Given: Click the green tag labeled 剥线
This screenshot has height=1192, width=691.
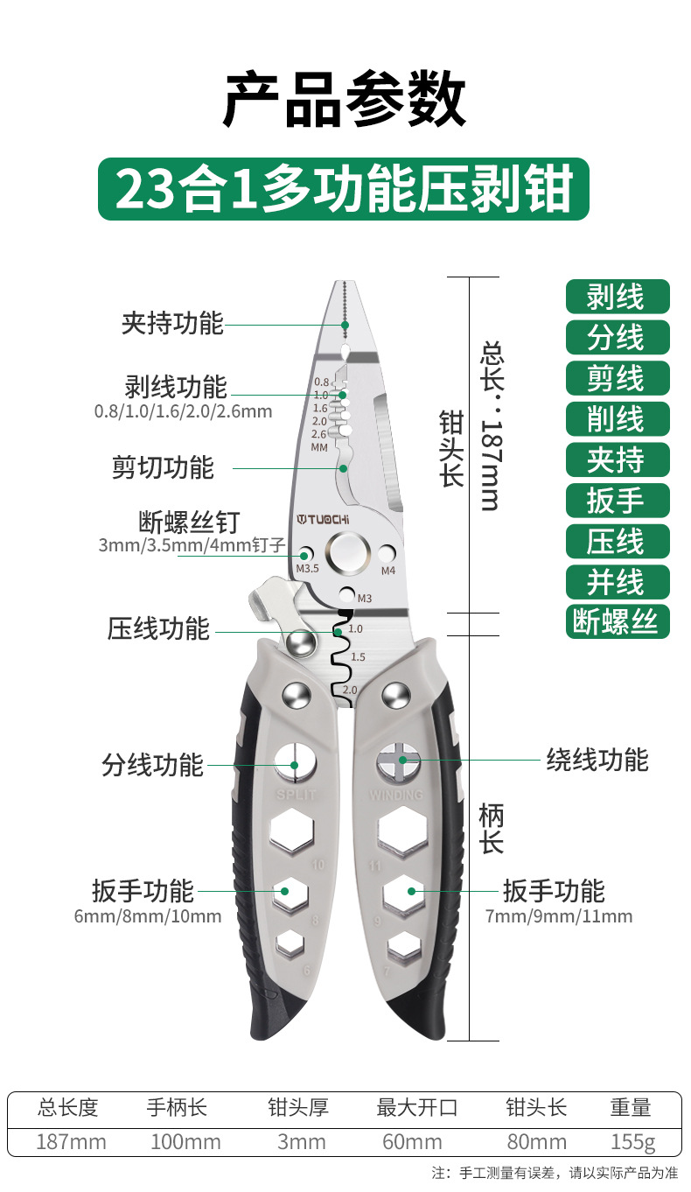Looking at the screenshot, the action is [x=617, y=297].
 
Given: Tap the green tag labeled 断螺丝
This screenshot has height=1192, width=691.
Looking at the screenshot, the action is [x=617, y=621].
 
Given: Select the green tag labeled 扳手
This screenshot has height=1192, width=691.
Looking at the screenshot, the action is [x=617, y=500].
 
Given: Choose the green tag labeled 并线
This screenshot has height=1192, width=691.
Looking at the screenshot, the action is [x=617, y=581].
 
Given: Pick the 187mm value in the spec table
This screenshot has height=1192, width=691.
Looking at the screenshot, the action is [x=71, y=1141].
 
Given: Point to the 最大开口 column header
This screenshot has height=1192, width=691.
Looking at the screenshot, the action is [x=416, y=1107].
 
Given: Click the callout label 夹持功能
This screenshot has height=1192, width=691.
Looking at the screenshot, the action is [x=172, y=323].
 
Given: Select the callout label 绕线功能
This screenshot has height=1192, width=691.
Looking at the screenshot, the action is [x=597, y=759].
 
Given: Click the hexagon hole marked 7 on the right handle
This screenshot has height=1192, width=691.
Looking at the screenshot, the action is [x=403, y=945].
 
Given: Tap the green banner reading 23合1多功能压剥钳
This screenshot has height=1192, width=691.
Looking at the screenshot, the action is [x=343, y=189].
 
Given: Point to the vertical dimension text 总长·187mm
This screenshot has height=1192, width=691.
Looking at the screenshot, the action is [x=490, y=426].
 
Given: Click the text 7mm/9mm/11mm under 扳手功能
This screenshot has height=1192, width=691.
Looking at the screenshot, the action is [x=558, y=916].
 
